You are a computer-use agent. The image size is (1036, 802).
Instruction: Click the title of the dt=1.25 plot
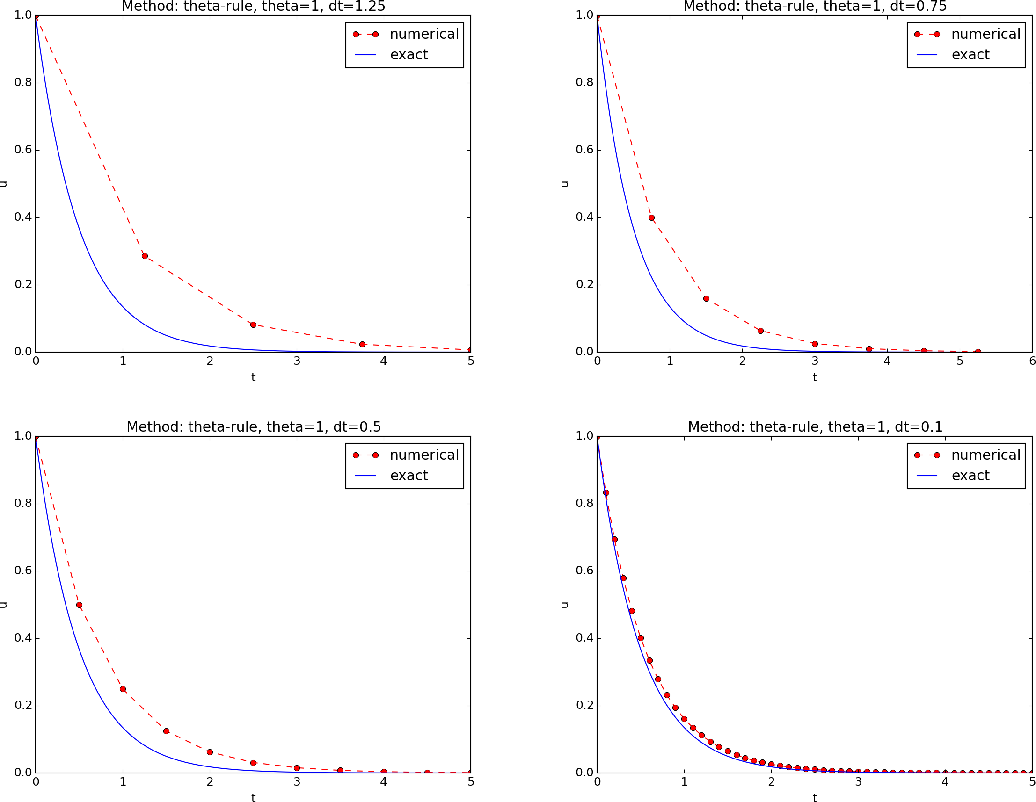coord(253,7)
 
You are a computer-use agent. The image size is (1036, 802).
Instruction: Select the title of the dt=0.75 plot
coord(815,7)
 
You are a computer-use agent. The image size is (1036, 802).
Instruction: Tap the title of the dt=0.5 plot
coord(253,426)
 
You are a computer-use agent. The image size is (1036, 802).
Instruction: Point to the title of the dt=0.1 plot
coord(815,426)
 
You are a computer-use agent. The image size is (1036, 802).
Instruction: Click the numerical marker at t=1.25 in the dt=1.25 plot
coord(145,256)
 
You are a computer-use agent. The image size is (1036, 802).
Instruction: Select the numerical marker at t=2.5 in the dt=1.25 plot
coord(253,325)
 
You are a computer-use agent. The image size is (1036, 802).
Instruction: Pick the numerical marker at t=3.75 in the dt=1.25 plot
coord(362,344)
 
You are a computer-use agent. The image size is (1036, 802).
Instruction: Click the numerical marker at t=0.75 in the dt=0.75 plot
coord(651,218)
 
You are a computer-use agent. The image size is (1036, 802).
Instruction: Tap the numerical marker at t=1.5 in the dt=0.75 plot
coord(706,299)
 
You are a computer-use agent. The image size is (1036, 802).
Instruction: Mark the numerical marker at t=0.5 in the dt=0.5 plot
coord(79,605)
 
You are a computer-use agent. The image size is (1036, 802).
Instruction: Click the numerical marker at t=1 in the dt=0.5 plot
coord(123,689)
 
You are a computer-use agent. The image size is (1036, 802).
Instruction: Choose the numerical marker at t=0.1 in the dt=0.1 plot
coord(606,493)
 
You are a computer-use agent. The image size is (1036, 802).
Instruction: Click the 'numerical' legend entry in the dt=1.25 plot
coord(424,34)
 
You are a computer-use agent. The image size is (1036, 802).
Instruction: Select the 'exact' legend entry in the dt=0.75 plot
coord(970,55)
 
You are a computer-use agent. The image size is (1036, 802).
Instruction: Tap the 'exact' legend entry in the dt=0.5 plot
coord(409,476)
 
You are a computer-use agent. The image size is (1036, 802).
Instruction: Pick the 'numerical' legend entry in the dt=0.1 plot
coord(985,455)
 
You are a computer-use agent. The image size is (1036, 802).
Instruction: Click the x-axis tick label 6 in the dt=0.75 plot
coord(1032,361)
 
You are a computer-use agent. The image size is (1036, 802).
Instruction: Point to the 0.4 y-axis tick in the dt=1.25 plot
coord(23,217)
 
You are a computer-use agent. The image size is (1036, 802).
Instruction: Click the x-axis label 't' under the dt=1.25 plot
coord(253,377)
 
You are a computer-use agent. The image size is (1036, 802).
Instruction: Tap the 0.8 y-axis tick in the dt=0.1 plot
coord(584,503)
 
